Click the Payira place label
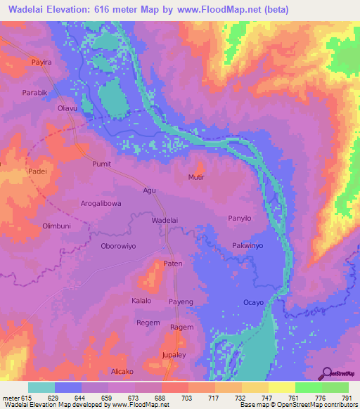[x=41, y=63]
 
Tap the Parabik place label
[x=34, y=91]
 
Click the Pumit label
[x=102, y=164]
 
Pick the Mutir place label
[x=196, y=177]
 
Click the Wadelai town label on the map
[x=165, y=220]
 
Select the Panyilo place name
[x=239, y=219]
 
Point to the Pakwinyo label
[x=247, y=246]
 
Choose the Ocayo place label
[x=253, y=302]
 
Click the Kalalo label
[x=141, y=301]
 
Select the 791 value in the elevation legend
[x=346, y=398]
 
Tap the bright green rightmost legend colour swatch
[x=335, y=387]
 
